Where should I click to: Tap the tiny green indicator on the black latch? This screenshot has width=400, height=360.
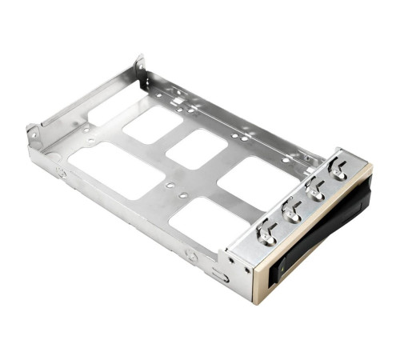point(280,270)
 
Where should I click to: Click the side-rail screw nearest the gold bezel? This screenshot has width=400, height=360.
point(191,255)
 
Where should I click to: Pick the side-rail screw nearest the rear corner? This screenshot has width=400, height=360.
point(62,170)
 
